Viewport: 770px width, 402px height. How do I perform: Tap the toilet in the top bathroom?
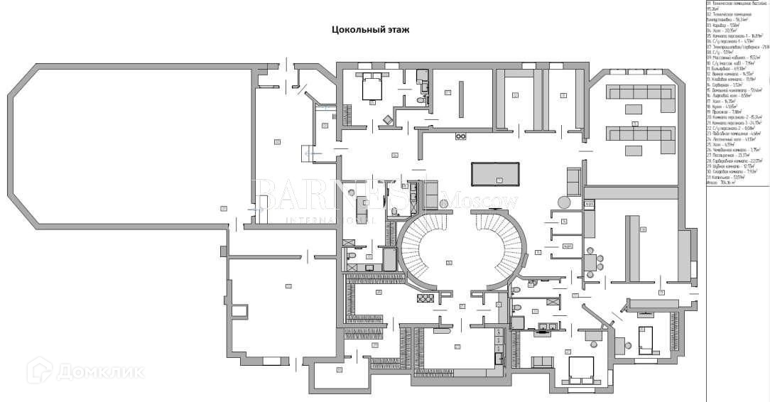[421, 101]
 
